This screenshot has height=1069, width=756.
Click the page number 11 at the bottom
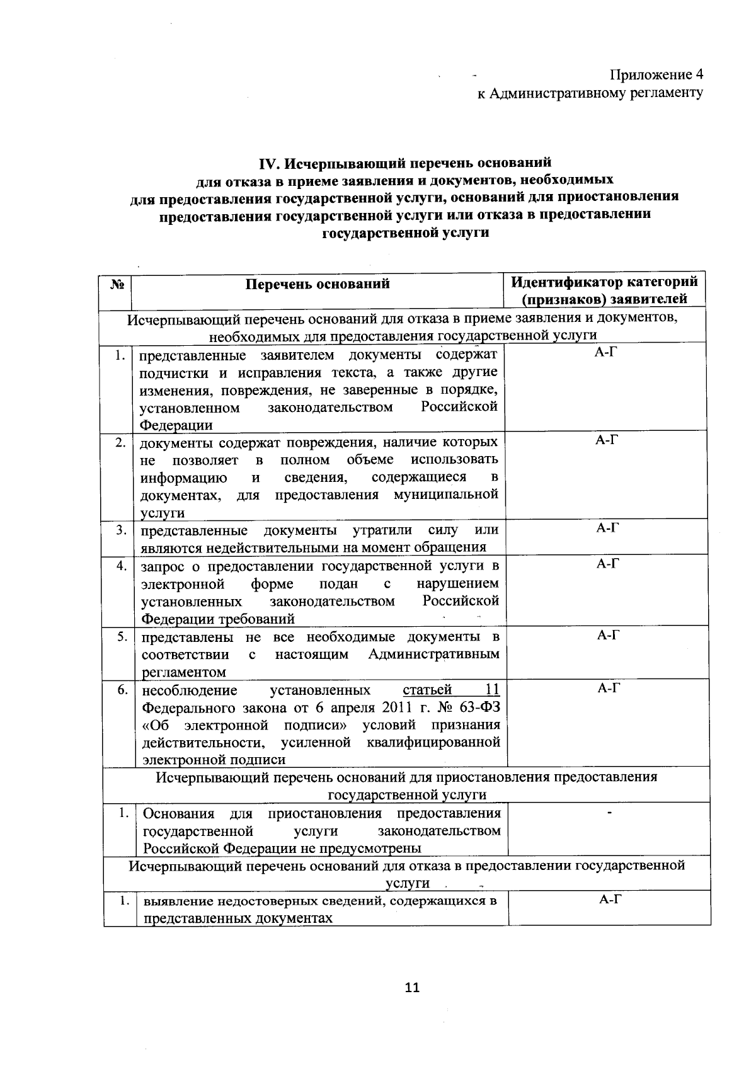[x=412, y=987]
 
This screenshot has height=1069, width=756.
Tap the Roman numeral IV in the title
[x=270, y=164]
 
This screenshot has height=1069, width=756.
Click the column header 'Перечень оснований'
[x=318, y=284]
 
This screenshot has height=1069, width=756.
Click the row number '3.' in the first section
[x=121, y=530]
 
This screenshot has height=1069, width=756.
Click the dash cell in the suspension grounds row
[x=609, y=815]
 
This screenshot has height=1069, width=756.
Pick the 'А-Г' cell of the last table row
[x=609, y=900]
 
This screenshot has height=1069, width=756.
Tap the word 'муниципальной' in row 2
[x=446, y=494]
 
